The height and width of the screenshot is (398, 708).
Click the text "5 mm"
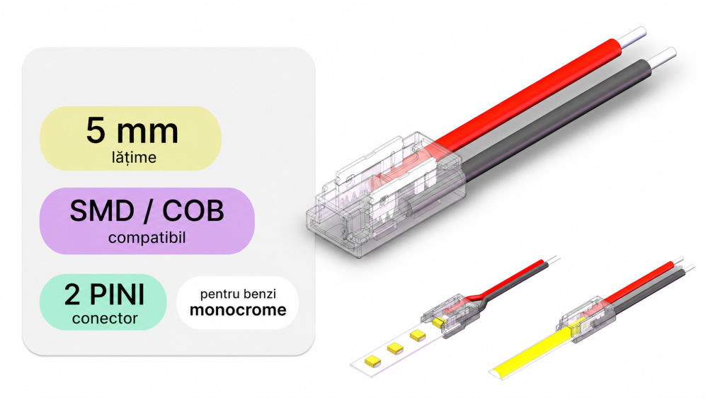point(132,130)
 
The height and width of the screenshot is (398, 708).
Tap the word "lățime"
point(134,157)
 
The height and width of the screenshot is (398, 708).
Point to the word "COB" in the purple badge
point(193,211)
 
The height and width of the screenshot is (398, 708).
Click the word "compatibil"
point(147,238)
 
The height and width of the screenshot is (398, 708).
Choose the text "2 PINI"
point(104,295)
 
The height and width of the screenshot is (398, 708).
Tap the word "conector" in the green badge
point(104,319)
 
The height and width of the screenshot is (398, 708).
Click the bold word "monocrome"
point(238,310)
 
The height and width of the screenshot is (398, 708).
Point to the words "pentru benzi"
point(238,294)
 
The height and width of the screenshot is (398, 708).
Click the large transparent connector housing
point(386,194)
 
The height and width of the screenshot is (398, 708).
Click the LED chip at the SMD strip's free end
point(372,360)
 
